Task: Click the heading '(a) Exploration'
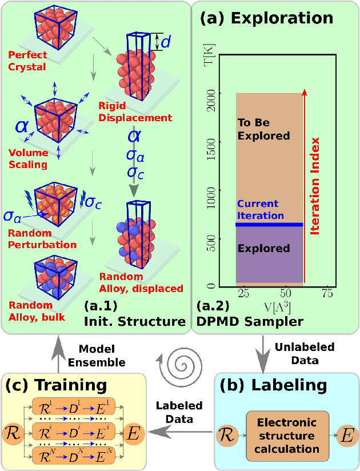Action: click(x=266, y=18)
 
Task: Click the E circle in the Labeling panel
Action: click(x=345, y=436)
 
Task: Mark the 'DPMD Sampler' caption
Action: click(x=249, y=321)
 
